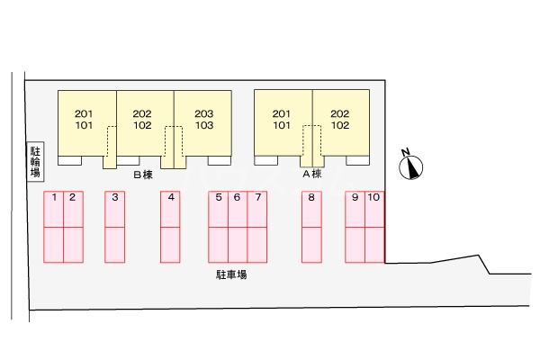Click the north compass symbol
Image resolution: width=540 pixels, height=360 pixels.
(x=411, y=166)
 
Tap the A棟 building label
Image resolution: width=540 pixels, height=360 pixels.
(x=311, y=174)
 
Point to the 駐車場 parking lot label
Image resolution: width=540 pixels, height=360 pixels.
(x=231, y=274)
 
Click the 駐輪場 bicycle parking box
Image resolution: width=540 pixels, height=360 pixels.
(x=35, y=161)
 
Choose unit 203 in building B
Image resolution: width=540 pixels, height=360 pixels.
(x=203, y=113)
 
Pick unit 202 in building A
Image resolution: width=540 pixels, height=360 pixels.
(x=339, y=113)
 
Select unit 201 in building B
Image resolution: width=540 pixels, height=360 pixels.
(x=84, y=113)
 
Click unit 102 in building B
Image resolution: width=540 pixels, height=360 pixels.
(x=142, y=126)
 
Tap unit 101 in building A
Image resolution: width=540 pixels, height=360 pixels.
(x=282, y=126)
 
